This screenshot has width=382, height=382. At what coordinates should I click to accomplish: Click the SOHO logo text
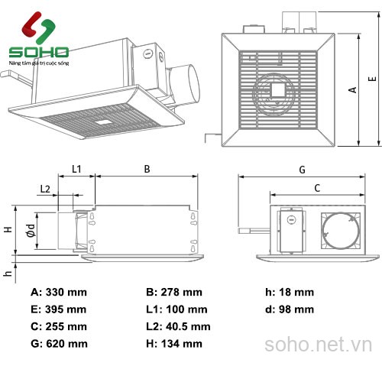pos(38,53)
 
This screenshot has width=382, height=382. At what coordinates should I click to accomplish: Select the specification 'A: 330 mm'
pos(59,292)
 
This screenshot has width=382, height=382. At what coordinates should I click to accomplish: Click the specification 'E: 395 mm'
pos(59,309)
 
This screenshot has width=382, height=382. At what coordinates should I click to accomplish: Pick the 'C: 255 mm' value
pos(59,326)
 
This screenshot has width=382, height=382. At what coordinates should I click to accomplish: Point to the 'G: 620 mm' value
pos(59,344)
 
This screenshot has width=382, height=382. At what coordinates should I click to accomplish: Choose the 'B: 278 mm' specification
pos(174,292)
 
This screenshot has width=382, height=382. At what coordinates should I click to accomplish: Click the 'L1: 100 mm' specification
pos(176,309)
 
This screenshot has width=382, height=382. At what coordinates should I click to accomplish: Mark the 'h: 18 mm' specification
pos(290,292)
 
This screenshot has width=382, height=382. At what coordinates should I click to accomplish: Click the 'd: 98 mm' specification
pos(290,309)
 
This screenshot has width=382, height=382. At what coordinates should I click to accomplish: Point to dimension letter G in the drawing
pos(303,168)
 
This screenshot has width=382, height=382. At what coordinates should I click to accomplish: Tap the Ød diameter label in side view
pos(30,228)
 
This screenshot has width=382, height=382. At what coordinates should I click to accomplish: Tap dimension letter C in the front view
pos(316,186)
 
